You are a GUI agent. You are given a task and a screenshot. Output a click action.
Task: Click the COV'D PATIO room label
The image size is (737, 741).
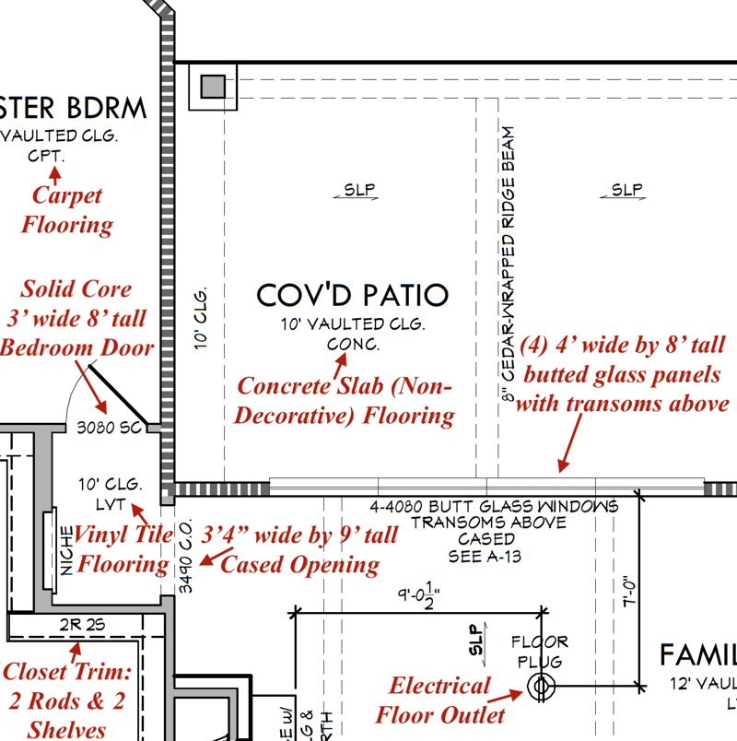click(x=352, y=295)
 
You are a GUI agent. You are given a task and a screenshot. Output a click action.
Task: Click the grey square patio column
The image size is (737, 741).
click(x=213, y=87)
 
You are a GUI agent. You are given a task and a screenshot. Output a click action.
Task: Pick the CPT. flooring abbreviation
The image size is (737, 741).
click(x=46, y=156)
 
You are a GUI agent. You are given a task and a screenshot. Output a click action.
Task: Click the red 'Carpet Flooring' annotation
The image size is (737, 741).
click(x=67, y=209)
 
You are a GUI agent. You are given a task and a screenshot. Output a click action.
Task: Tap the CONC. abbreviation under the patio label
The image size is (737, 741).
click(x=353, y=344)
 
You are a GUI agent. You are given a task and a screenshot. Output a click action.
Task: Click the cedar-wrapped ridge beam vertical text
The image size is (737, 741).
click(x=508, y=258)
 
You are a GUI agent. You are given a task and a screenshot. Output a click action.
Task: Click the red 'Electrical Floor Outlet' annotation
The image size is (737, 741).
click(x=439, y=700)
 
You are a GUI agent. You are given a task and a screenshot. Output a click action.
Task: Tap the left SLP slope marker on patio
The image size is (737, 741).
click(x=359, y=191)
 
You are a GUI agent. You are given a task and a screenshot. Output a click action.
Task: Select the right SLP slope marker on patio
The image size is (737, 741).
click(x=626, y=191)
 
